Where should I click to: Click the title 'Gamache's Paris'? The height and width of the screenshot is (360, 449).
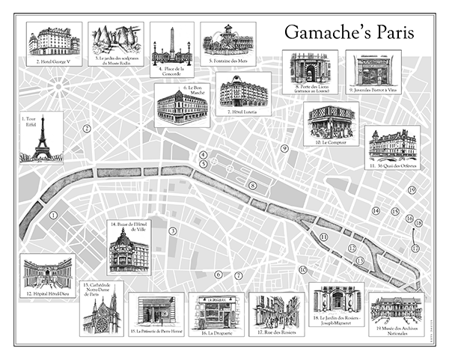349,34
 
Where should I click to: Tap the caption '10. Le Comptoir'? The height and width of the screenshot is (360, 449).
332,141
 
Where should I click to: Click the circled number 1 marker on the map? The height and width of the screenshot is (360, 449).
53,215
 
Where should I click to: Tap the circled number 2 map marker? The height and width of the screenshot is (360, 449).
87,129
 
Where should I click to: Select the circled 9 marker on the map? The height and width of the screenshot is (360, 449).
284,149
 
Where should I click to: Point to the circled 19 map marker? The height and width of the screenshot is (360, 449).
411,191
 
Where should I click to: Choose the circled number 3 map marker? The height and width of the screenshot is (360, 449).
172,231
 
